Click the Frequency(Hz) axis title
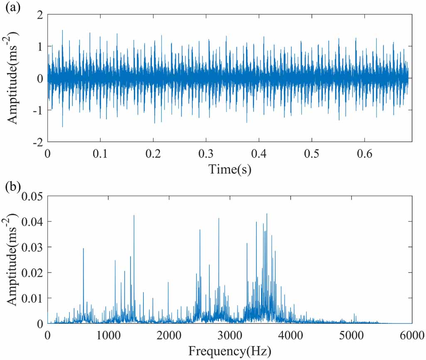click(229, 351)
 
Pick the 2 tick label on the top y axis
click(40, 15)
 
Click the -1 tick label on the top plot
click(38, 110)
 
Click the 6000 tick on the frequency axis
click(412, 334)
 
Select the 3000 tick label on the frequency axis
click(229, 334)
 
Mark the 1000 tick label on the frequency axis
click(108, 334)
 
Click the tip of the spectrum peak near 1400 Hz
click(134, 215)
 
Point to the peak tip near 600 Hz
click(84, 249)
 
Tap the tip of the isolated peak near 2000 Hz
click(168, 282)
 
